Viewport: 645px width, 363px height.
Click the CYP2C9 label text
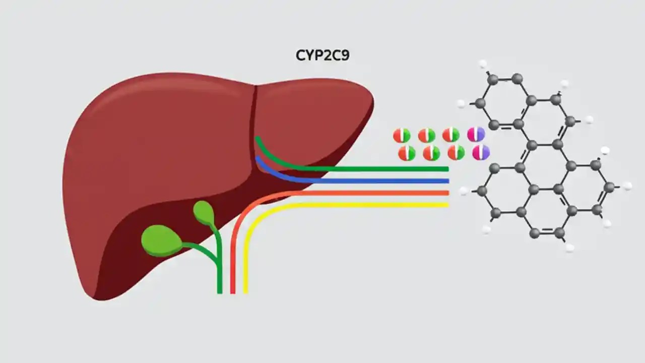322,55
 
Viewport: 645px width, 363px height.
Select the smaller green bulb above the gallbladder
204,212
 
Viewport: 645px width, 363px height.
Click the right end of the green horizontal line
446,169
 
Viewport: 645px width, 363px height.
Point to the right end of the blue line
446,180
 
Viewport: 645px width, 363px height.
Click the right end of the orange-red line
446,193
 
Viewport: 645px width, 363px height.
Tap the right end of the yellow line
446,205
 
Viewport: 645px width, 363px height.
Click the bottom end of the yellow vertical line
245,291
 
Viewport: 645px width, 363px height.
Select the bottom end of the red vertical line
233,291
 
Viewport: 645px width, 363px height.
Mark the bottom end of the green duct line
220,291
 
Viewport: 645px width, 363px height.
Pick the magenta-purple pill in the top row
476,134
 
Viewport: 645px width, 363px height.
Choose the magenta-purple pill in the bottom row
481,152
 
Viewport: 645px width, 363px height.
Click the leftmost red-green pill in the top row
402,135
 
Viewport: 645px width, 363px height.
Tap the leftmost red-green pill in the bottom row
407,153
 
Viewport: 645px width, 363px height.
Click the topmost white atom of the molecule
483,64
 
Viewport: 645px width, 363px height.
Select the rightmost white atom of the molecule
627,186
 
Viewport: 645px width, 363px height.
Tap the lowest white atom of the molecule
569,248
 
